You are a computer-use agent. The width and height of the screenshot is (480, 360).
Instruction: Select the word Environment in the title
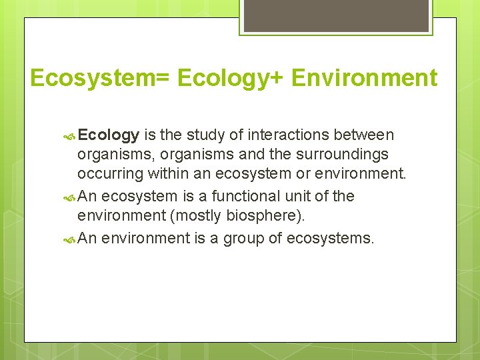365,78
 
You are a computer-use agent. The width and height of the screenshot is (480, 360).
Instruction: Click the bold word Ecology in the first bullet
108,136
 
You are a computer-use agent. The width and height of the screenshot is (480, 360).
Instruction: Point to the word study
207,136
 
